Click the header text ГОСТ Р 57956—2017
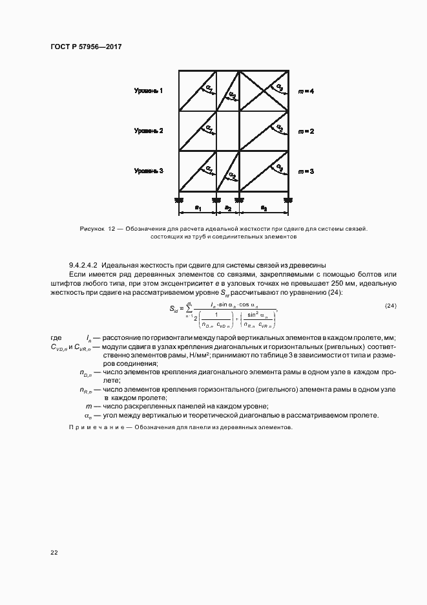click(86, 48)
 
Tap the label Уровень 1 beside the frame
click(149, 91)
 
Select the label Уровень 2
click(149, 131)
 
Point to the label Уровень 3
click(149, 171)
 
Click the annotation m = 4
click(306, 91)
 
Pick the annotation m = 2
click(306, 131)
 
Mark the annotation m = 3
click(306, 171)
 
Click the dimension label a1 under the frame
click(199, 208)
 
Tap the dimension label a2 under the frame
click(228, 208)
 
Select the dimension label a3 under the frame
click(264, 208)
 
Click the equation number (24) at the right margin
click(390, 306)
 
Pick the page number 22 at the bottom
click(54, 553)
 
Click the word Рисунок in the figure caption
click(92, 229)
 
